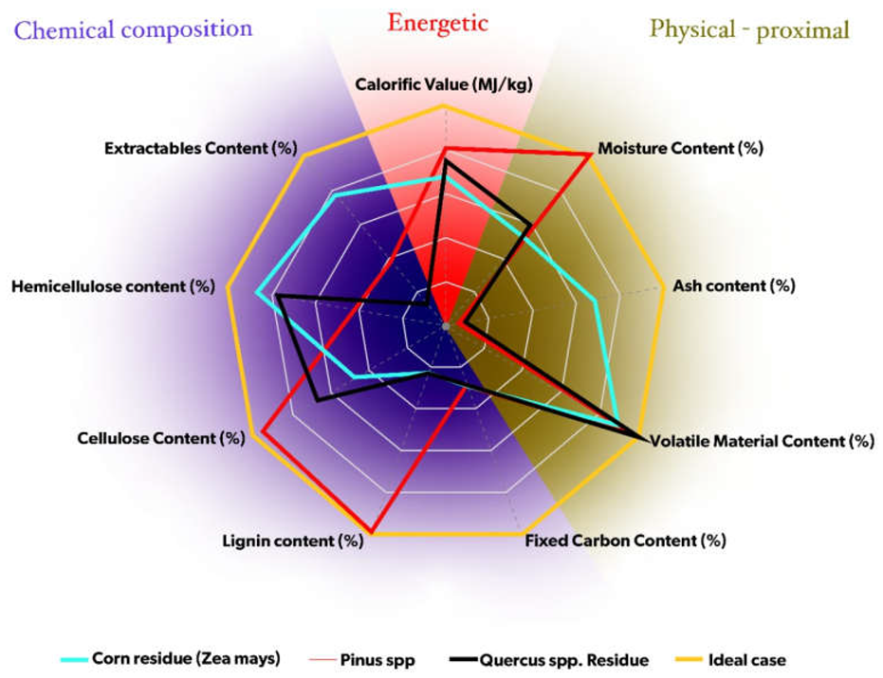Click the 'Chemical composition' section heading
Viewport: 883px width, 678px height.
point(133,28)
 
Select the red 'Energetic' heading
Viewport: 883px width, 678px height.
point(436,21)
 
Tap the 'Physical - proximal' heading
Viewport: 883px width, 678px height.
point(748,29)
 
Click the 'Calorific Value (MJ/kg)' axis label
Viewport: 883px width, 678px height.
point(443,84)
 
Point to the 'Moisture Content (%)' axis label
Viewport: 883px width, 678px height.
point(680,149)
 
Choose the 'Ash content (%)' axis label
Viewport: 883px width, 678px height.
point(732,284)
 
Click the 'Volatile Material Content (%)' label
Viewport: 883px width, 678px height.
point(761,441)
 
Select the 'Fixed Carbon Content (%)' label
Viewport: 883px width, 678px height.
point(625,541)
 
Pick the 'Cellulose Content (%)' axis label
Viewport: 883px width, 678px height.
point(160,438)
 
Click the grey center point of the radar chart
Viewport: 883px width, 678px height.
point(444,325)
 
